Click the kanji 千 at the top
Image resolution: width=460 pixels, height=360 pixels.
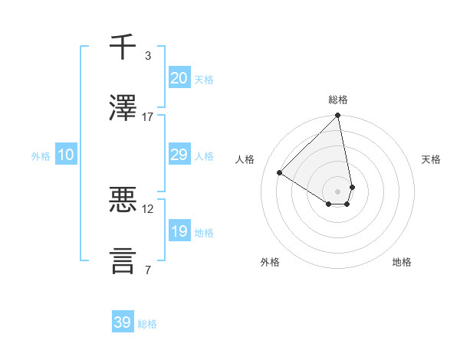pos(123,47)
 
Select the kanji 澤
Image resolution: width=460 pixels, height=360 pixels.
pos(123,108)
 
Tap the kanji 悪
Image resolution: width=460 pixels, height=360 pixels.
pos(123,201)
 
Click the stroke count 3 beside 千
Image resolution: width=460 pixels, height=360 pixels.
pos(148,56)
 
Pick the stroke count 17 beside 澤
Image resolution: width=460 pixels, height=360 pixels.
pos(148,117)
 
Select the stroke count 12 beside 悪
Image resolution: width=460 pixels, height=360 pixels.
pos(148,209)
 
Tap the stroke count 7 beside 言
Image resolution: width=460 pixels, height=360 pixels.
pos(148,270)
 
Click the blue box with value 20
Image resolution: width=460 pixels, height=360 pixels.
pos(179,78)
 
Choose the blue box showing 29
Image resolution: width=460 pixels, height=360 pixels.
pos(179,155)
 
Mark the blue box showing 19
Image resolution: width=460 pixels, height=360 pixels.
pos(179,231)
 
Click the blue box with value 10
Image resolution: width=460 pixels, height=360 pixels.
pos(65,155)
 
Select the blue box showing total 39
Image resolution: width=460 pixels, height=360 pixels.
pos(122,322)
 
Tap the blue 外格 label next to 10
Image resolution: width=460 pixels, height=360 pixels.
pos(41,156)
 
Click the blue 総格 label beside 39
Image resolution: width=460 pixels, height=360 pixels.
pos(147,324)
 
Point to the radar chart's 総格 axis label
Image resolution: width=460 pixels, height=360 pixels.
pos(338,100)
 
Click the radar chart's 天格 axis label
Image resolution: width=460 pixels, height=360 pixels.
pos(432,159)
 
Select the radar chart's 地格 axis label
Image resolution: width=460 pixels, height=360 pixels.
pos(402,263)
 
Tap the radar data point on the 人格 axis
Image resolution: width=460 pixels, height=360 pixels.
pos(280,173)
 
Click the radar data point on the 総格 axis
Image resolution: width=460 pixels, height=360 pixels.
pos(338,116)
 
